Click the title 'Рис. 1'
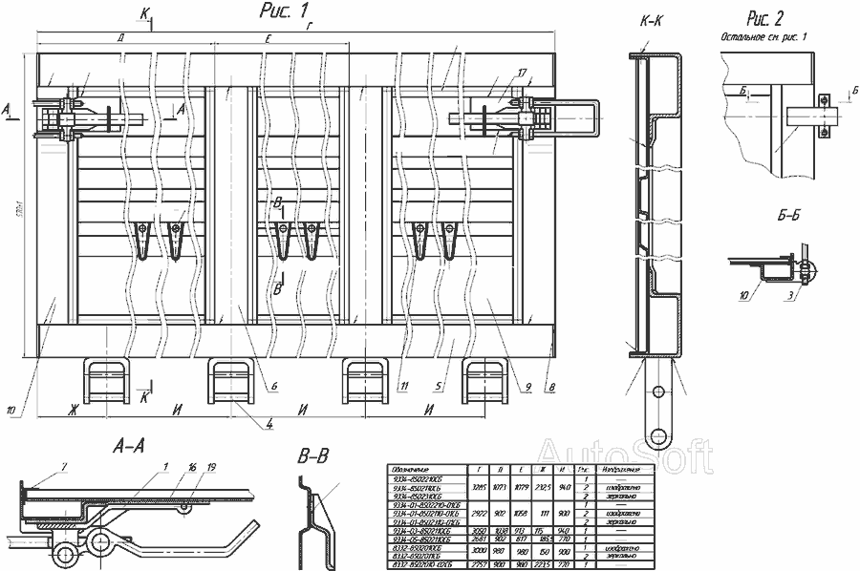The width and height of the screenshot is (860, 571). click(x=283, y=11)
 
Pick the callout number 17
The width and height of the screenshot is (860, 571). click(x=523, y=72)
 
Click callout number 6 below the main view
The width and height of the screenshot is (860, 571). click(x=274, y=386)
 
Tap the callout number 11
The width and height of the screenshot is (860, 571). click(x=406, y=386)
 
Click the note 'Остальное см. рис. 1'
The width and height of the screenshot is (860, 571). click(x=766, y=36)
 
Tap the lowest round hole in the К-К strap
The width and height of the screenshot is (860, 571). click(x=657, y=437)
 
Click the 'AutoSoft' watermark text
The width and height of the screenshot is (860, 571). click(x=625, y=456)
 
